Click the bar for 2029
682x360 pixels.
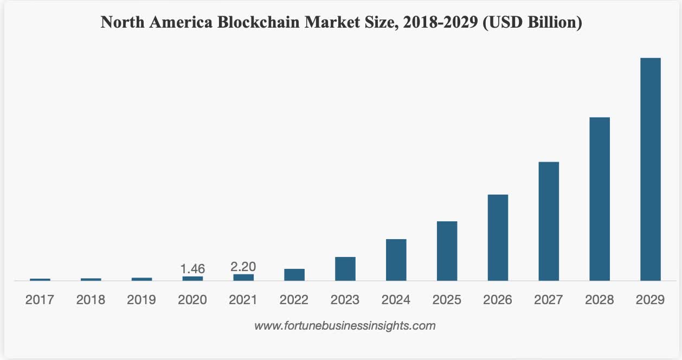(x=650, y=169)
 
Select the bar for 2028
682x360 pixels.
(x=599, y=199)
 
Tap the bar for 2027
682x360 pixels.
(x=549, y=221)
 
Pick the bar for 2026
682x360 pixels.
(x=498, y=237)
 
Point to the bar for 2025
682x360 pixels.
(x=447, y=251)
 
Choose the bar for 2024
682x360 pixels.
(x=396, y=260)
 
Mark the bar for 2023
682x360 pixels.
(x=345, y=269)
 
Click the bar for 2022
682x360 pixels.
(x=294, y=275)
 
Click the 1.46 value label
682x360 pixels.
(x=192, y=268)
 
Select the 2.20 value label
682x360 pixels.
(x=243, y=266)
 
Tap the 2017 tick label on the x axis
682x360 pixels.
(x=40, y=300)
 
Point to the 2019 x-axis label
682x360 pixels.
(x=141, y=300)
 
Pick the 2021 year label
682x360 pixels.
(x=243, y=300)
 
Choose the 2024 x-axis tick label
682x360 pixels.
(x=396, y=300)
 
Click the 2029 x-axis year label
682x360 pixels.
(x=650, y=300)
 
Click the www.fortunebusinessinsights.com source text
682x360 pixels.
(x=345, y=326)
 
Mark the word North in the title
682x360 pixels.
(x=120, y=23)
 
